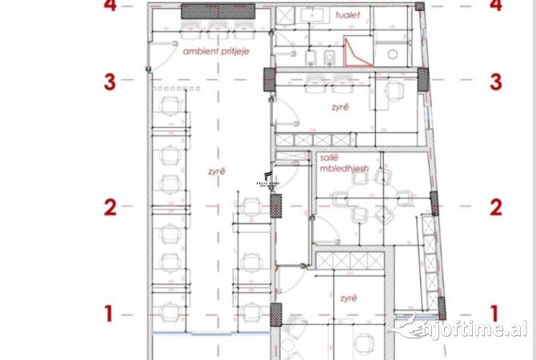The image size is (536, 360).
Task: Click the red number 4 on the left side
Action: (x=110, y=6)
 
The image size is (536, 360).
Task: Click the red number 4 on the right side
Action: (x=496, y=6)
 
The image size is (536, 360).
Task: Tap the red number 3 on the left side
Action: (x=110, y=81)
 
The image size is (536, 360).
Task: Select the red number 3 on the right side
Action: (x=496, y=81)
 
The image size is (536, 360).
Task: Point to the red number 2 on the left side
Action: (x=110, y=208)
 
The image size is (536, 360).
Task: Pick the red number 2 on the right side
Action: (x=496, y=208)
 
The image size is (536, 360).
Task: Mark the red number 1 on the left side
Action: (x=110, y=314)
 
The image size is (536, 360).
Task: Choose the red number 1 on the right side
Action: (x=495, y=314)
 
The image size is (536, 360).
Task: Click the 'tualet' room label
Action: (x=349, y=14)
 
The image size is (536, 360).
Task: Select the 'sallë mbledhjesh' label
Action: (x=340, y=164)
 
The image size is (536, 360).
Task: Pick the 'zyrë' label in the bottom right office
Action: (x=347, y=298)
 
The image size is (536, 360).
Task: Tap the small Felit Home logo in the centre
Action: (x=267, y=180)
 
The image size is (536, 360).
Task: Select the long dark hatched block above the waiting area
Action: (x=218, y=11)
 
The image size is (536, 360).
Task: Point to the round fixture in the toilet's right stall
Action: (x=392, y=54)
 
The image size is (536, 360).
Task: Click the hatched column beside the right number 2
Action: (x=434, y=204)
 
